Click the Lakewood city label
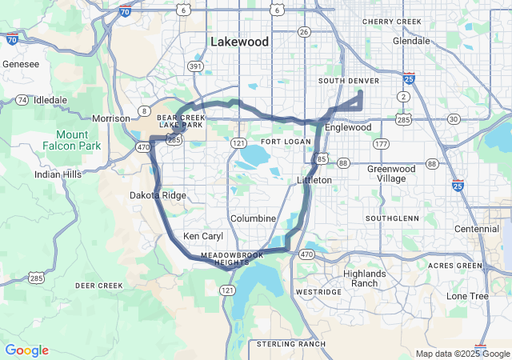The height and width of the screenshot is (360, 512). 240,41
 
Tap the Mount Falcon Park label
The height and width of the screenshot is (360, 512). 78,141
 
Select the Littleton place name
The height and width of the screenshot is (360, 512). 314,180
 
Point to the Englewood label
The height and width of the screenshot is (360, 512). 348,127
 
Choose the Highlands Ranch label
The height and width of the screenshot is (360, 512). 364,278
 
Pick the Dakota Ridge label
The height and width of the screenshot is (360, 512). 158,195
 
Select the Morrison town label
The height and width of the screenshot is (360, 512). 111,118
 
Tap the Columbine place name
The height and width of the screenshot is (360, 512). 253,218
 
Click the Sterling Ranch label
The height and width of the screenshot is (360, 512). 291,343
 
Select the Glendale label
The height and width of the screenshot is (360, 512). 411,40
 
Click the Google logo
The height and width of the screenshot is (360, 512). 26,350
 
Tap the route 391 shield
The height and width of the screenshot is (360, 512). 196,66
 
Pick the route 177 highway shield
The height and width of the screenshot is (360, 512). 381,144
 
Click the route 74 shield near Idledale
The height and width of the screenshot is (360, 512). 22,99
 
